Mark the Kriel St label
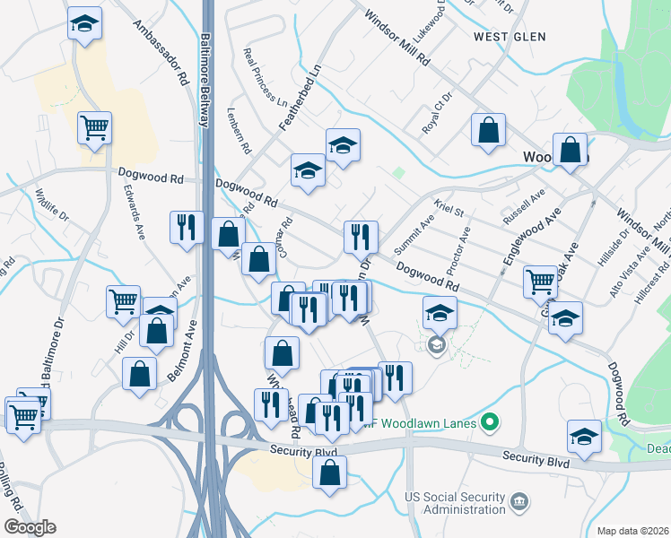click(448, 212)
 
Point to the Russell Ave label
click(524, 208)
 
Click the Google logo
click(29, 526)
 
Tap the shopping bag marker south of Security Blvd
click(330, 473)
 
